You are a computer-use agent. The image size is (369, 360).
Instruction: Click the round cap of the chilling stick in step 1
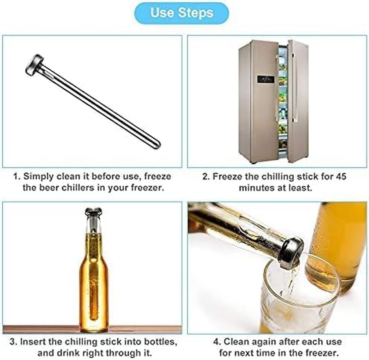pyautogui.click(x=34, y=64)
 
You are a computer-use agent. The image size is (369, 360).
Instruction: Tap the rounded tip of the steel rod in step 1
pyautogui.click(x=155, y=145)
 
